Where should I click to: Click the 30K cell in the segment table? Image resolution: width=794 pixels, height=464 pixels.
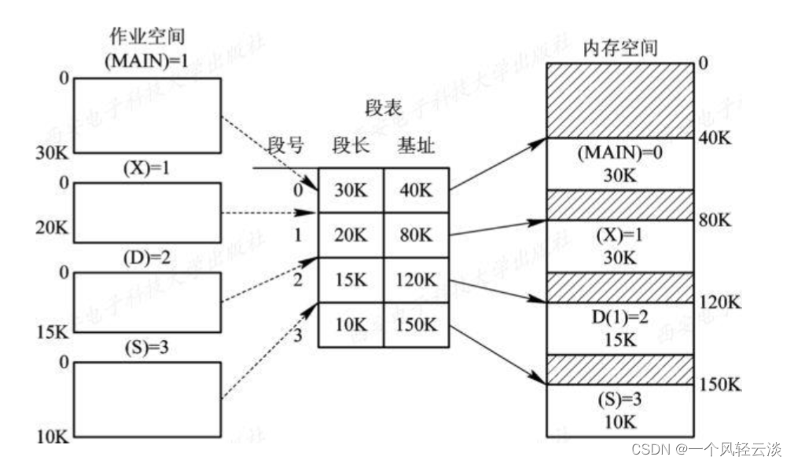351,189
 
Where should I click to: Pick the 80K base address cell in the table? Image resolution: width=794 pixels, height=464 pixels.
416,234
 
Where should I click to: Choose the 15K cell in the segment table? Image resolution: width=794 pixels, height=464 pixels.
351,279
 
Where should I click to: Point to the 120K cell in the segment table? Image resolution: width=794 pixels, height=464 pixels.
416,279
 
